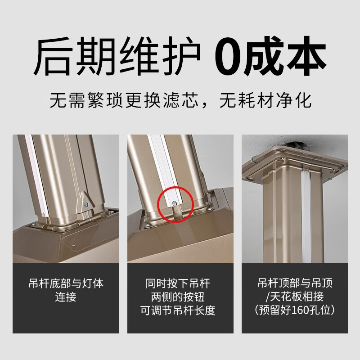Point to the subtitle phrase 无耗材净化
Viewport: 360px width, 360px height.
pyautogui.click(x=265, y=100)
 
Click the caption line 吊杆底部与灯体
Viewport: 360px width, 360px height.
pyautogui.click(x=66, y=284)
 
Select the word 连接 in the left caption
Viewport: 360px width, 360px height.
pyautogui.click(x=66, y=297)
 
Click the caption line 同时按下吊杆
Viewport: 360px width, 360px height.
pyautogui.click(x=180, y=284)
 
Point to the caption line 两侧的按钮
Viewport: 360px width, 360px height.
pyautogui.click(x=180, y=297)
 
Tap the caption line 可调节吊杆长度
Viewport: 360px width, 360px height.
pyautogui.click(x=180, y=311)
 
